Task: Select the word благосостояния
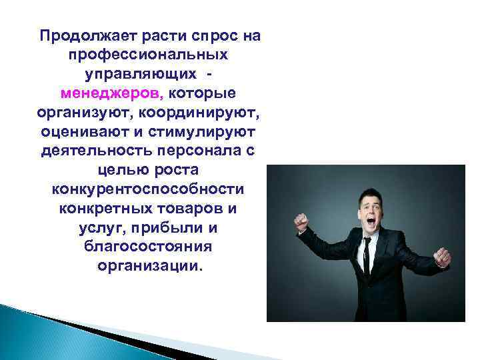(x=148, y=247)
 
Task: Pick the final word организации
(x=148, y=266)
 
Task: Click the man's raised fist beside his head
(x=302, y=221)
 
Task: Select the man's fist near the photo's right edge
(x=441, y=257)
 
